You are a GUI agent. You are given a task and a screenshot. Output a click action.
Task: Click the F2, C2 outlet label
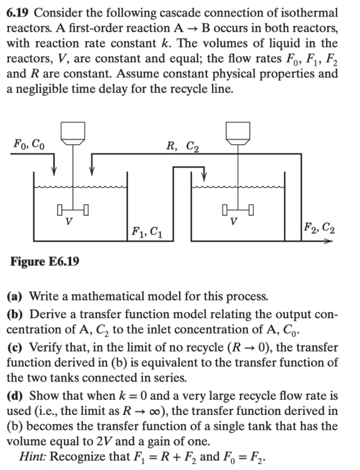(319, 227)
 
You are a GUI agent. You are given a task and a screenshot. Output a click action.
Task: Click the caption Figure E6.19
(45, 260)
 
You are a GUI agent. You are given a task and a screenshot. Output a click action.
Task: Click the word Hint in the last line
(32, 457)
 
